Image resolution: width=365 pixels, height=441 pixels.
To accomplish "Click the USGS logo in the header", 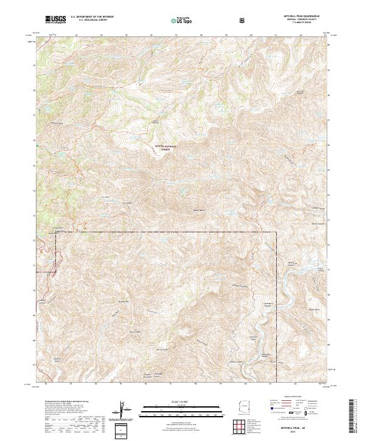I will click(x=55, y=20).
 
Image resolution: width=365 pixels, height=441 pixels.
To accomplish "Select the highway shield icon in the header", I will click(x=243, y=21).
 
